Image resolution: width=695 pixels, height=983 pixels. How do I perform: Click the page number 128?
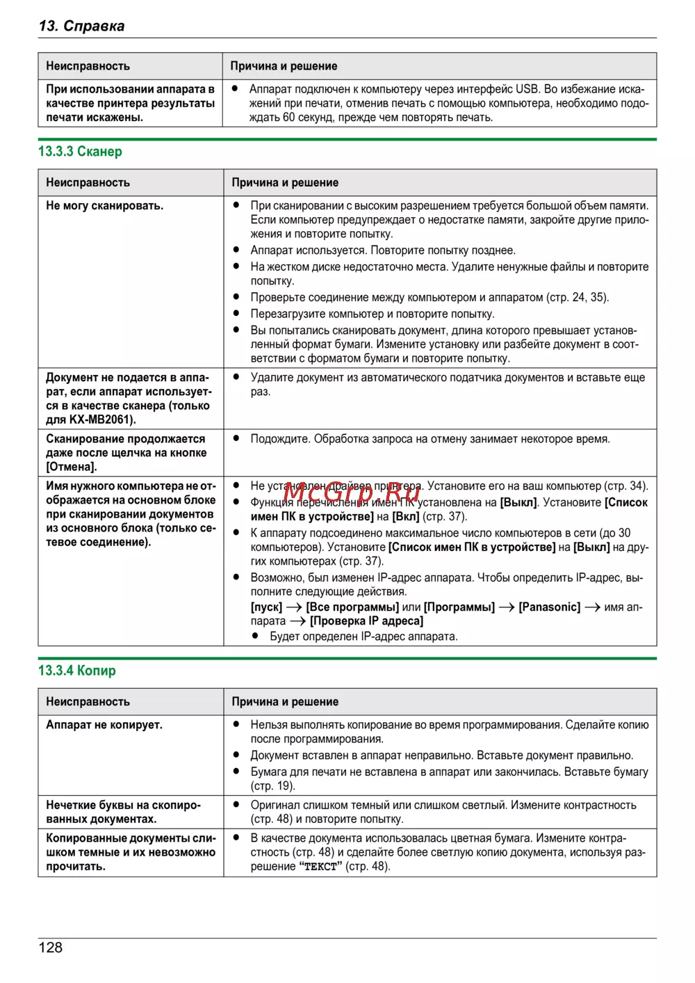click(51, 948)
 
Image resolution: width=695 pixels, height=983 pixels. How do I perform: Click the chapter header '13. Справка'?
click(82, 26)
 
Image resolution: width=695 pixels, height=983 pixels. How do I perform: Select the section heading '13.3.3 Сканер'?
click(80, 152)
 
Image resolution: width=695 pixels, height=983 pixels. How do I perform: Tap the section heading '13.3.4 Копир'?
click(77, 671)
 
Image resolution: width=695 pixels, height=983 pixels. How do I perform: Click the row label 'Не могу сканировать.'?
click(105, 206)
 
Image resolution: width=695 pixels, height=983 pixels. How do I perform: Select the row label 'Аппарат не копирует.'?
click(104, 725)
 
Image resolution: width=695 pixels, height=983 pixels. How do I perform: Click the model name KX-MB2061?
click(101, 419)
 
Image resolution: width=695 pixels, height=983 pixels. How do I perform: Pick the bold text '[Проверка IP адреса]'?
click(366, 621)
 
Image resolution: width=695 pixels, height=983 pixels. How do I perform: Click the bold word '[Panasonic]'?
click(549, 607)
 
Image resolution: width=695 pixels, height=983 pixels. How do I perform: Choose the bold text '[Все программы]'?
click(352, 607)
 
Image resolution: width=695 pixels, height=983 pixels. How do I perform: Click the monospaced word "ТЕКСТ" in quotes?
click(320, 867)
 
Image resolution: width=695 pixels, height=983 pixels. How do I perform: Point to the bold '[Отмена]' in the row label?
click(72, 467)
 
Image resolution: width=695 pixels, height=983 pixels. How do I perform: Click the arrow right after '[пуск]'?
click(294, 607)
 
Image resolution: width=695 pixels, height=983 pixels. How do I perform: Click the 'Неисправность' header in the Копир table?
click(88, 702)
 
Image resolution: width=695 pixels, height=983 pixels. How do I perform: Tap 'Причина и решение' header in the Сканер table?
click(285, 183)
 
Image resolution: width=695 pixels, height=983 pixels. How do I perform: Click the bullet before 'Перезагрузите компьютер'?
click(236, 314)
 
